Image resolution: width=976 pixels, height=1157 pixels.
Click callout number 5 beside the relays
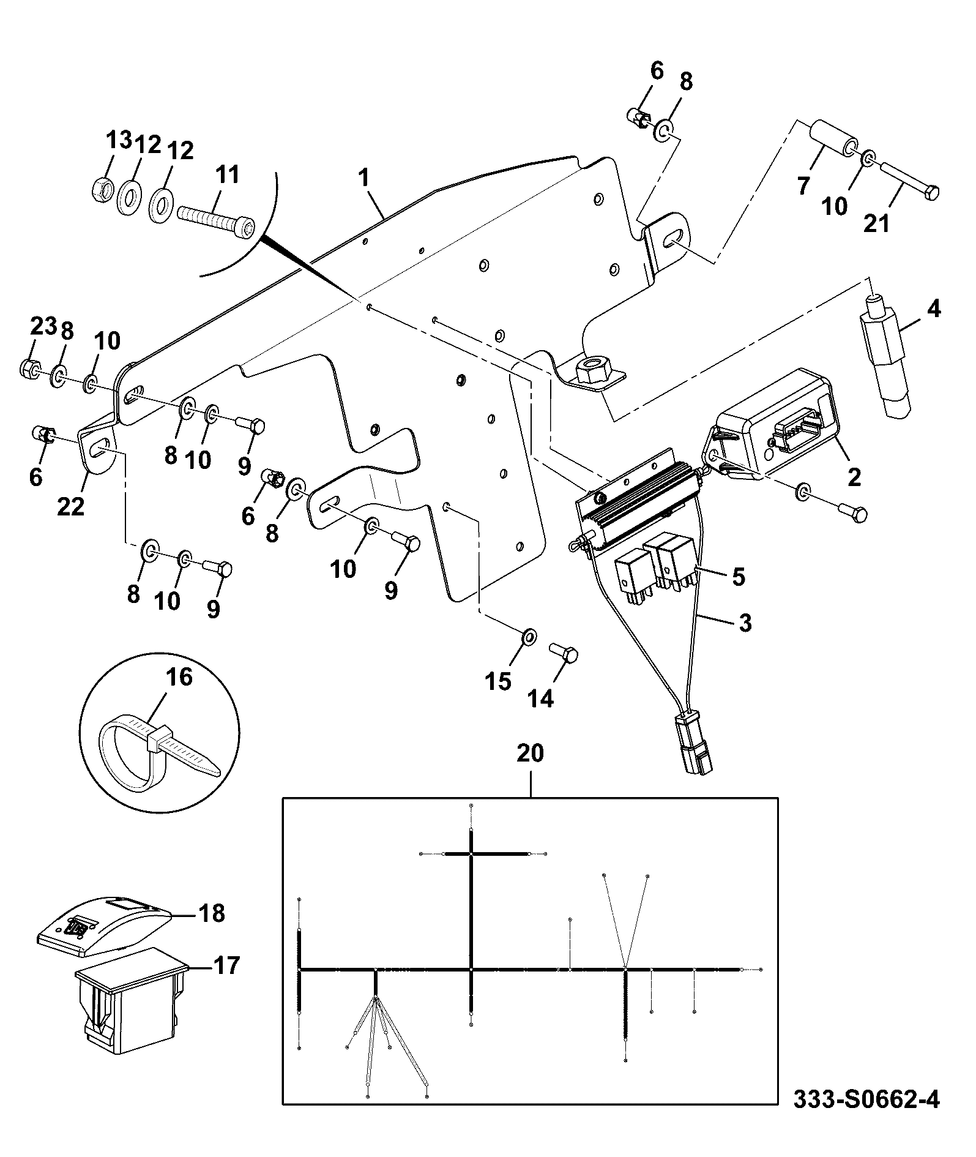point(739,577)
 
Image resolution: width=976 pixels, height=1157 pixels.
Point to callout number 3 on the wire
point(744,623)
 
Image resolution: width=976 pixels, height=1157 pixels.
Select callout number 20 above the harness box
point(530,754)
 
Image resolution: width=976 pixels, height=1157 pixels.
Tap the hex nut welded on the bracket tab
point(592,370)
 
